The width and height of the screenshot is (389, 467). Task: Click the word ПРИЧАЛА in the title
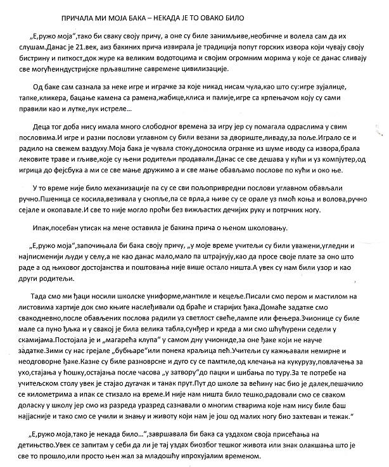80,12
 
